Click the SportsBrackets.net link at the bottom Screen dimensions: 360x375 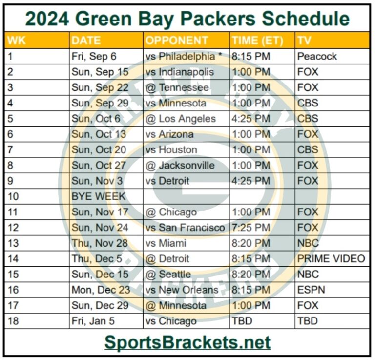[x=187, y=342]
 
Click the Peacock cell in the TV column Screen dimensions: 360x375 [x=317, y=56]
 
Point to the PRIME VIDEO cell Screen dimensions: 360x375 [x=331, y=259]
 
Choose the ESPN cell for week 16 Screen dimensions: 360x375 [x=311, y=290]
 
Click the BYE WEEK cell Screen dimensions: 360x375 [x=99, y=197]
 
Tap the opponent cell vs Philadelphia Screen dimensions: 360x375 [x=183, y=56]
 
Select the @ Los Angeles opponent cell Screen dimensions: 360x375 [x=181, y=119]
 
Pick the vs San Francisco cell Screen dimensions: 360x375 [x=185, y=228]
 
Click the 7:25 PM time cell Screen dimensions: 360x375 [x=251, y=228]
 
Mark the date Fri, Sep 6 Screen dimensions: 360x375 [x=94, y=56]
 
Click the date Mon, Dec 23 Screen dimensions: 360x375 [x=101, y=290]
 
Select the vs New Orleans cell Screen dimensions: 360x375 [x=182, y=290]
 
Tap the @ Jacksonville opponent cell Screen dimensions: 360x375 [x=180, y=166]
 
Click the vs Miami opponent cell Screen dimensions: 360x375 [x=166, y=243]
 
